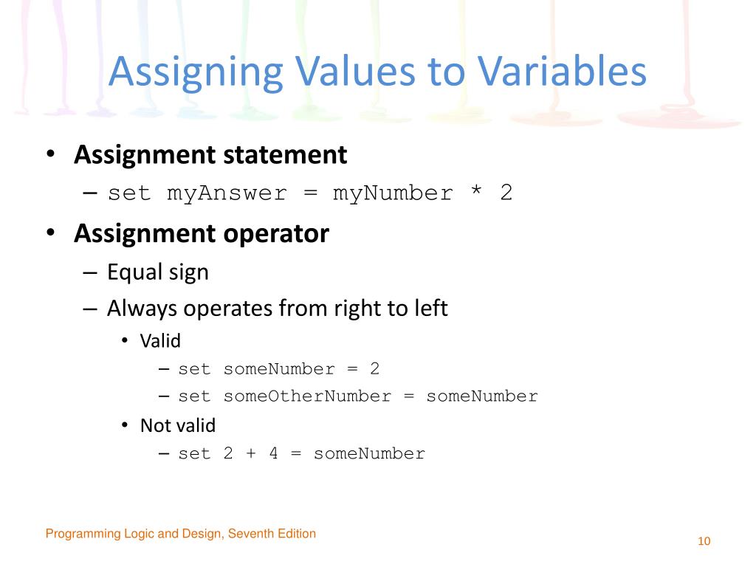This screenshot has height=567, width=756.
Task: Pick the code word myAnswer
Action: click(x=227, y=194)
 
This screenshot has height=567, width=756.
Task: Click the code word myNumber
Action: click(x=392, y=194)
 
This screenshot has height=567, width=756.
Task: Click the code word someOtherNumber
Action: click(x=307, y=396)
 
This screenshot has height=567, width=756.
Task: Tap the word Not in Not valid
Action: click(x=153, y=426)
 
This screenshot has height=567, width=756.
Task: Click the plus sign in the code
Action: click(x=250, y=454)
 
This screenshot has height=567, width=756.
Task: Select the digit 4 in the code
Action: click(x=273, y=454)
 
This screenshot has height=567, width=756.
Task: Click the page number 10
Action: click(x=704, y=542)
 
